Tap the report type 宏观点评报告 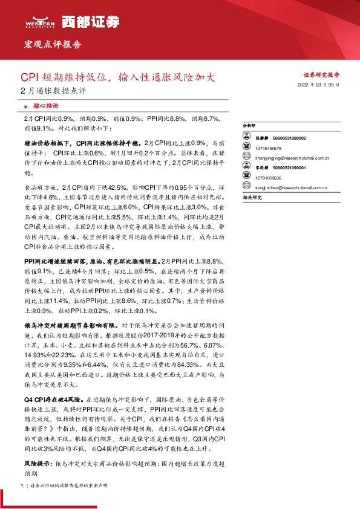(x=52, y=45)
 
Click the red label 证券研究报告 (x=321, y=75)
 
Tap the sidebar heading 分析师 (x=249, y=126)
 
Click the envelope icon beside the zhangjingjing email (x=246, y=158)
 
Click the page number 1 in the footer (x=22, y=485)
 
